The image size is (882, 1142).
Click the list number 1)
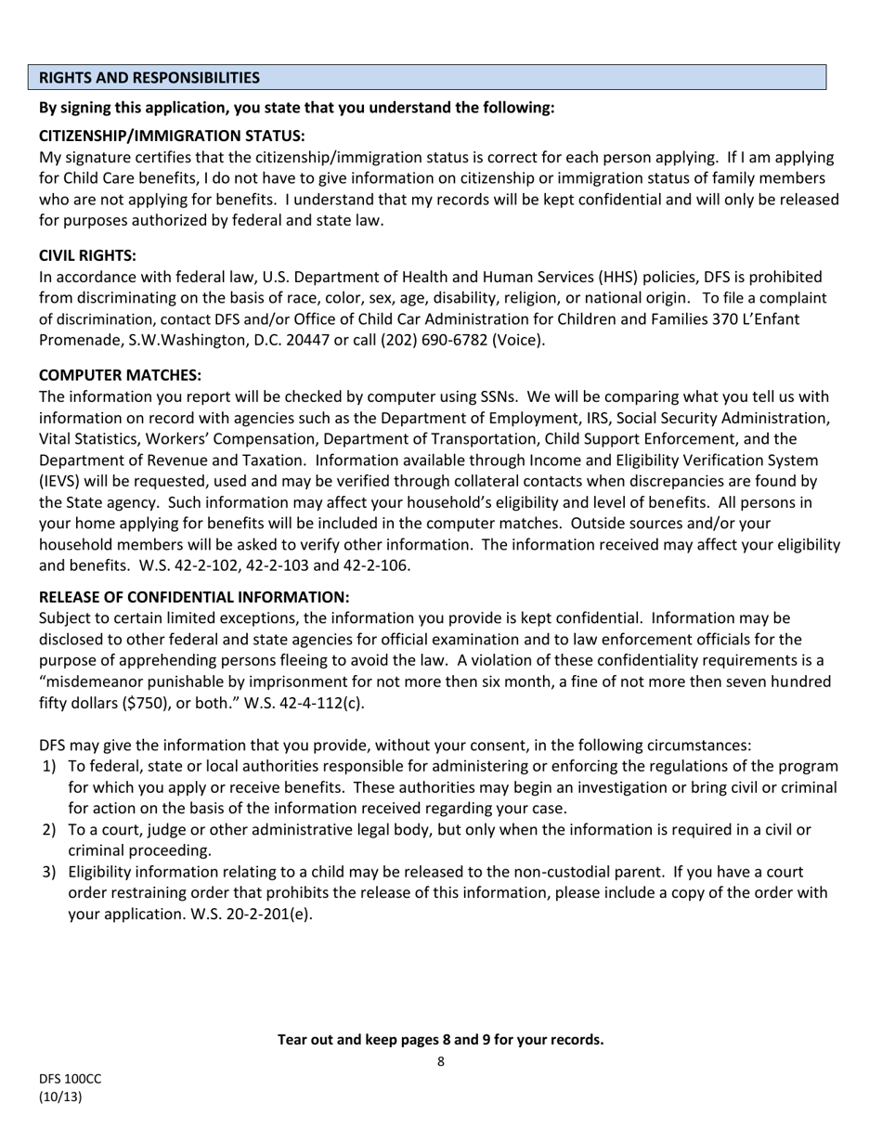tap(49, 767)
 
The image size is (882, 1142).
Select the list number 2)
tap(49, 830)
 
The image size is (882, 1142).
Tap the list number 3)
tap(49, 873)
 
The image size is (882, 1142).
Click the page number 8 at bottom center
tap(441, 1062)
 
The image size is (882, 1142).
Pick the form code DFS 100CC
tap(70, 1080)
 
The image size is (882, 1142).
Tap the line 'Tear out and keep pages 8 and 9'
tap(440, 1040)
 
